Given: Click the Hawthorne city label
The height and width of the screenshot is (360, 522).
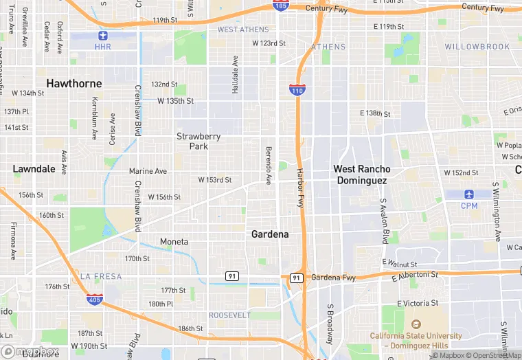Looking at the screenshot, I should tap(74, 83).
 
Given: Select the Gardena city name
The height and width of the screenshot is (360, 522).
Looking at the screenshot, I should tap(270, 234).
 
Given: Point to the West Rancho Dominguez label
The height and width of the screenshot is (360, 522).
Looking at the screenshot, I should tap(361, 175).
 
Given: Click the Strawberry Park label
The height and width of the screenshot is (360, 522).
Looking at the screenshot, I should tap(198, 141).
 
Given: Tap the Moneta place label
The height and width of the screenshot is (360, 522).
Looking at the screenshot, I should tap(174, 242).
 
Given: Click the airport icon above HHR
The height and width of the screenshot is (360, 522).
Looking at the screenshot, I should tap(103, 36).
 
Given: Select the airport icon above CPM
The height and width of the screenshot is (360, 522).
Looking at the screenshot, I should tap(469, 194).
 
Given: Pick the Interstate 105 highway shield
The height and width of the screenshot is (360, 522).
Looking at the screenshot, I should tap(280, 6).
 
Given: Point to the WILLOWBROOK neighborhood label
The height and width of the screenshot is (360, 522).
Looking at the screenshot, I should tap(477, 47).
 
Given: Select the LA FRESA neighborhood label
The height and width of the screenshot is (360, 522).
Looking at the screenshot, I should tap(100, 276).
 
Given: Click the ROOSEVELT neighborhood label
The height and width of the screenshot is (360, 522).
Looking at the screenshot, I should tap(229, 315).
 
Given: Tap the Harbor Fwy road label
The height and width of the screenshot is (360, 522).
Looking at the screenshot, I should tap(300, 188).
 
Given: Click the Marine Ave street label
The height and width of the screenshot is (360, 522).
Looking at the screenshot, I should tap(148, 171).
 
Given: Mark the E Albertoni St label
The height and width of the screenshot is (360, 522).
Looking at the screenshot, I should tap(415, 275).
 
